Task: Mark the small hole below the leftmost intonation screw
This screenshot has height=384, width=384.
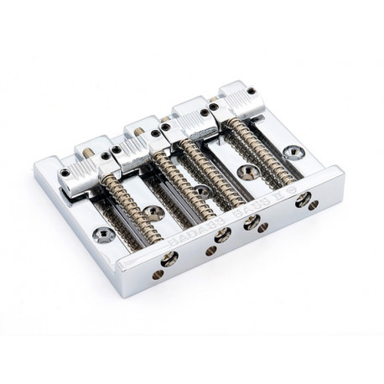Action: tap(157, 275)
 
